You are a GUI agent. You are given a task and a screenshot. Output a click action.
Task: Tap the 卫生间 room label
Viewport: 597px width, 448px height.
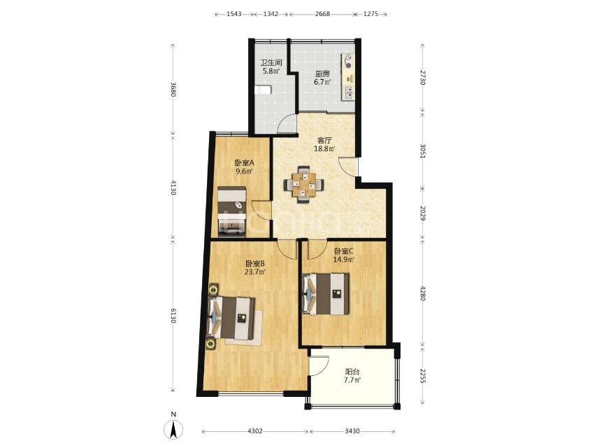point(271,62)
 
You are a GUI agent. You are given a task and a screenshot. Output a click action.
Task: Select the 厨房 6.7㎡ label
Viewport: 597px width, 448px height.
point(322,78)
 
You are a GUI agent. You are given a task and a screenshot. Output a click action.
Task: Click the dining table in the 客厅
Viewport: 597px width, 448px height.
point(303,185)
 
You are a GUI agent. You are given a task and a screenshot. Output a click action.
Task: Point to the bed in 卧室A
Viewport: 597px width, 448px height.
point(232,211)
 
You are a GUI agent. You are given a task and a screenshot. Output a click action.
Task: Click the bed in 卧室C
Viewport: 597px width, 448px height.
point(326,293)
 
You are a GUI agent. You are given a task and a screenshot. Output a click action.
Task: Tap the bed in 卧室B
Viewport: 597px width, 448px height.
point(231,318)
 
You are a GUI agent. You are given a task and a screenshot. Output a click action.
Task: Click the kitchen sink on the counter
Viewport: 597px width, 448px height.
point(348,92)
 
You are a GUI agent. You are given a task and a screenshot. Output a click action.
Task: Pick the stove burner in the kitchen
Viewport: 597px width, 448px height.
point(348,62)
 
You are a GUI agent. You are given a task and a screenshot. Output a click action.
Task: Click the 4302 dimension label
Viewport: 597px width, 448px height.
point(255,431)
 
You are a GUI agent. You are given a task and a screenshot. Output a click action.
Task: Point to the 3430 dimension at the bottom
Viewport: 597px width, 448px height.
point(352,431)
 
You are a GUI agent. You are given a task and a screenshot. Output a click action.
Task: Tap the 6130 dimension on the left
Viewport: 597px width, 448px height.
point(173,316)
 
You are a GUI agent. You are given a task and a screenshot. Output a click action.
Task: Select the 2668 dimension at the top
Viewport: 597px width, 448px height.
point(322,14)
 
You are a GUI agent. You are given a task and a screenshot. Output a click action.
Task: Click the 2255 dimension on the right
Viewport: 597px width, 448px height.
point(422,376)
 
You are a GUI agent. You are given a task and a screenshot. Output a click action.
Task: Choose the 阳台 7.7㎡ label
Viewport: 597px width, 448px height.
point(352,376)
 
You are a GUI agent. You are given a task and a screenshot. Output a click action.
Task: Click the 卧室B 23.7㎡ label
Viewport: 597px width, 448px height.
point(254,267)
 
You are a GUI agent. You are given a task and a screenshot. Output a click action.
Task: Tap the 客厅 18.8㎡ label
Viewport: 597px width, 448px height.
point(324,144)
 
